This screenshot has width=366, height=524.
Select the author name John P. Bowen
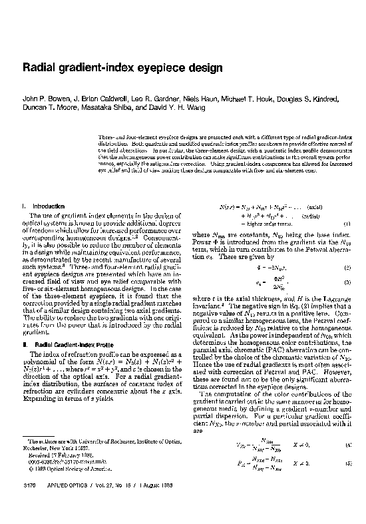click(x=44, y=99)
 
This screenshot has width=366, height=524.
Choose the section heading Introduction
click(x=49, y=206)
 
